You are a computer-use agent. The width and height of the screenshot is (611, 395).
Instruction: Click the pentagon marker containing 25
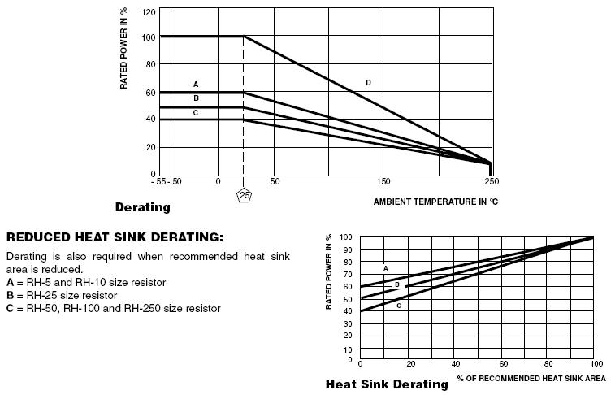point(244,195)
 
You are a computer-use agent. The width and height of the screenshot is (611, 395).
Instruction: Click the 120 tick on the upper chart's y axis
point(149,12)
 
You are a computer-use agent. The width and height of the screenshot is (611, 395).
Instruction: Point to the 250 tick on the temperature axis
point(491,180)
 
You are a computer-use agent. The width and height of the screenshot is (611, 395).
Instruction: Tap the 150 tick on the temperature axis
point(383,180)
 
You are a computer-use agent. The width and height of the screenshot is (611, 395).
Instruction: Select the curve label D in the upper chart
point(368,83)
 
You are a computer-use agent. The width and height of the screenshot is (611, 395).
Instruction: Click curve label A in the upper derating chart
point(196,85)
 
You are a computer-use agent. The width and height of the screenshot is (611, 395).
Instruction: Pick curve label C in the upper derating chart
point(196,112)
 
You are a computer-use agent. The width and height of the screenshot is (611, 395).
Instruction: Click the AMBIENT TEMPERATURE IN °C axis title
point(435,201)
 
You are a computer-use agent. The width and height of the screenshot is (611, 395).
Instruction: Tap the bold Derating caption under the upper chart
point(143,207)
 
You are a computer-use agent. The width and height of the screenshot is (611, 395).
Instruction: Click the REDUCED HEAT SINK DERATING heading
point(115,237)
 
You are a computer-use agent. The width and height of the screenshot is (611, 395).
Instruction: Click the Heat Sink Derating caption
point(387,384)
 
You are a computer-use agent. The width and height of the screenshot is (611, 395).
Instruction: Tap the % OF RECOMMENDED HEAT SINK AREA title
point(531,378)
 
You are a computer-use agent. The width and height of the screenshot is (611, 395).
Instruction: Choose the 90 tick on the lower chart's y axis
point(348,250)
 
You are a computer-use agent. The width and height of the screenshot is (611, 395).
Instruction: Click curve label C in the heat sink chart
point(399,306)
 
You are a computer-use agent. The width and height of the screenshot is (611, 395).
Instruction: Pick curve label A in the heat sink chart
point(385,267)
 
